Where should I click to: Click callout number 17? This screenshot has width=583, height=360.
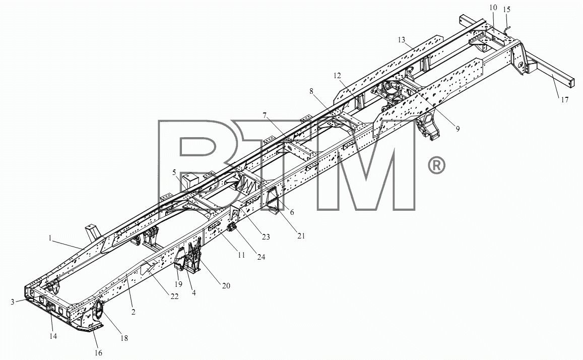565,100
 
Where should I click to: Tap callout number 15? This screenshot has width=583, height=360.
507,10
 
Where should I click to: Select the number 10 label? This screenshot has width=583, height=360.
493,8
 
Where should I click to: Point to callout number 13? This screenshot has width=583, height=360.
401,40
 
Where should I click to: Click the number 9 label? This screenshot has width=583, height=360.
458,129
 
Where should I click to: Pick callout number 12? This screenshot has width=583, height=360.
337,76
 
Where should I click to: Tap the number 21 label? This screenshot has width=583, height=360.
301,236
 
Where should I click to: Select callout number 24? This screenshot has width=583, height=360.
262,257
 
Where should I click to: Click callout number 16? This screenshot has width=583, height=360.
98,352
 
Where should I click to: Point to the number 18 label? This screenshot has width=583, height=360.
124,338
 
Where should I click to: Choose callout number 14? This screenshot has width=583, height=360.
53,336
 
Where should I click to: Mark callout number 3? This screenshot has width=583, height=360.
13,302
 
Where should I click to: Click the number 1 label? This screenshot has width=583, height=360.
50,238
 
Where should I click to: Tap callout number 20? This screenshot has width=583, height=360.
226,285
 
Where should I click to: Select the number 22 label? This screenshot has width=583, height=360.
174,296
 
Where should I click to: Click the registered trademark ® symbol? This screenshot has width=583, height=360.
436,165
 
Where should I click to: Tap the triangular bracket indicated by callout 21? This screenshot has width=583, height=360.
274,201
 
